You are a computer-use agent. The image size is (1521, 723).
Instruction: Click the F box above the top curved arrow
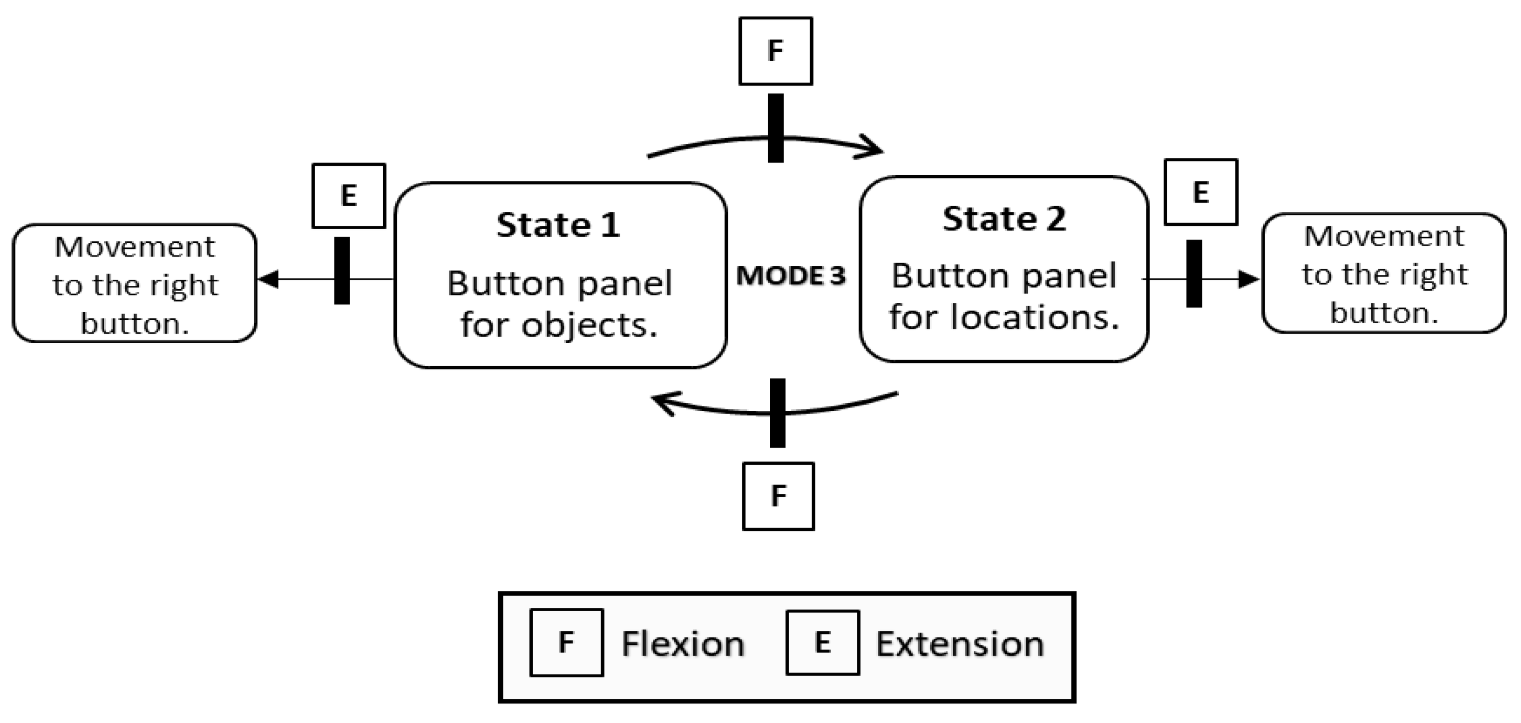click(775, 51)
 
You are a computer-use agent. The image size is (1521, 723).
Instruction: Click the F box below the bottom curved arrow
click(778, 496)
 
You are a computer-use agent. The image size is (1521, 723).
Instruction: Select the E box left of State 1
click(348, 196)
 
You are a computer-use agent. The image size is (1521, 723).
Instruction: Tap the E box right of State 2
click(1200, 192)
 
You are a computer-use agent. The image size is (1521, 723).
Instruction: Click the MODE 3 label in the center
click(791, 276)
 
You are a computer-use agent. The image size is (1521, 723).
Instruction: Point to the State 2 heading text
click(1004, 219)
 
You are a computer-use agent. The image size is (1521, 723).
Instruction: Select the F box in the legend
click(567, 642)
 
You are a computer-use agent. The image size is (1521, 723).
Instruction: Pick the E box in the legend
click(822, 642)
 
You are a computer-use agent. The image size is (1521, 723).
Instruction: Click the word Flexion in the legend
click(683, 643)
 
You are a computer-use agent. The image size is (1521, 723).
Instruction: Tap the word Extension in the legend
click(959, 643)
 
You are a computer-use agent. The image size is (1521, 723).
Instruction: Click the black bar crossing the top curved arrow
click(775, 128)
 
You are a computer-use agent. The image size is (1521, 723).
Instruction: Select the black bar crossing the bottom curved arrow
click(778, 412)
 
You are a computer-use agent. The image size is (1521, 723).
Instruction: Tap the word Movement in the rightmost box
click(1383, 237)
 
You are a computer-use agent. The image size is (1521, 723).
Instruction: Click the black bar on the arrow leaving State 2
click(1193, 273)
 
